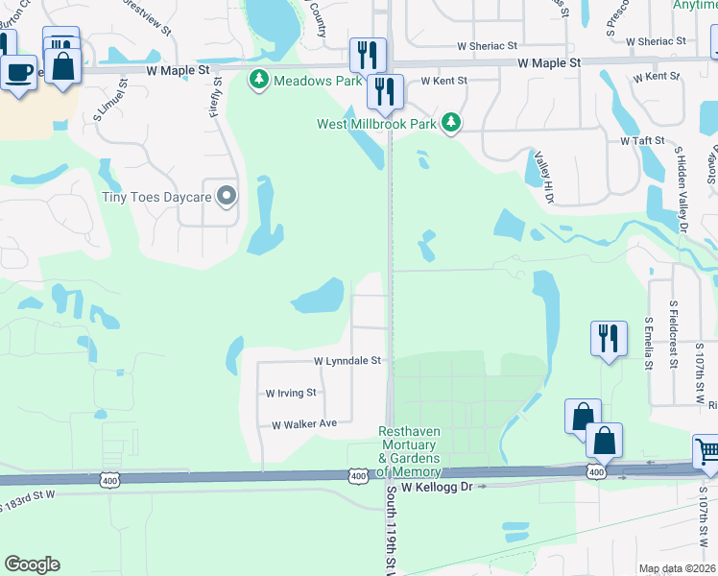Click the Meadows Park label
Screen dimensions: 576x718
318,80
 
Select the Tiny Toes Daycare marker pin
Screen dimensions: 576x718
227,197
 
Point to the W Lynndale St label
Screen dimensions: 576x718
347,361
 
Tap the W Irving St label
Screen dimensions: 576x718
291,393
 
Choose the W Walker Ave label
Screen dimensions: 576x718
304,423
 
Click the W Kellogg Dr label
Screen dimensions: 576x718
438,488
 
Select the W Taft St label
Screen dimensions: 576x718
642,140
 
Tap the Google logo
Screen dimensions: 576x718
32,564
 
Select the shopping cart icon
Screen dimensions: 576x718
707,450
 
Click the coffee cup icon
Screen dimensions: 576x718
18,71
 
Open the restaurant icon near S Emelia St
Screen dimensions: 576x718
609,338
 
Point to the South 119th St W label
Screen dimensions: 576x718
393,529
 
